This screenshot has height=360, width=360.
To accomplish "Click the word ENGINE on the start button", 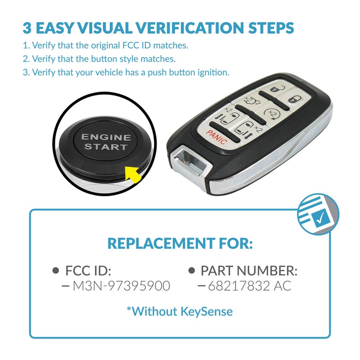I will click(106, 137).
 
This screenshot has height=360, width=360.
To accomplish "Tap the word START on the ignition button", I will click(106, 147).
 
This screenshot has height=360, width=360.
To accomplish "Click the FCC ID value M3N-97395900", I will click(121, 285).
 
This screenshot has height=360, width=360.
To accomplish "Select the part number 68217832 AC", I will click(249, 285).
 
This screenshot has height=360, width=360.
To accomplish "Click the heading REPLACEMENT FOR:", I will click(180, 243).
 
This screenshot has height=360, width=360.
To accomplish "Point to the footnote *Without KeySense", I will click(180, 310).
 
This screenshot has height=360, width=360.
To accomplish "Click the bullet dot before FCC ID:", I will click(56, 270).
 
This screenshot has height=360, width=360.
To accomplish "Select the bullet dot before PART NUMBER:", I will click(191, 270).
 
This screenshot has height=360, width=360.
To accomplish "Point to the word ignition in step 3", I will click(213, 72).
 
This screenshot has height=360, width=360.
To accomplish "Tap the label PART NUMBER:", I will click(249, 270).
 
